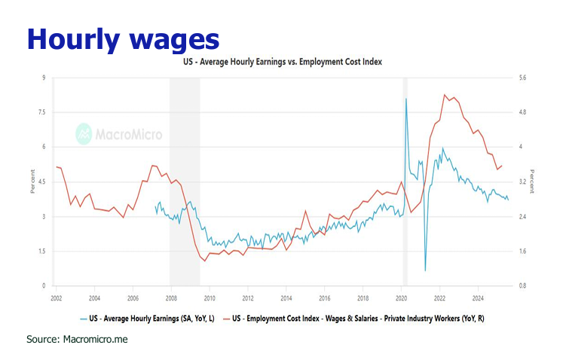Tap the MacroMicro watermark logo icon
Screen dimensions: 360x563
[84, 135]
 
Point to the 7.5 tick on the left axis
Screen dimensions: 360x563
[42, 112]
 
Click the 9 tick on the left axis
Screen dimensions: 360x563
[44, 78]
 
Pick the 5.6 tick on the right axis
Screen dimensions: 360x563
[523, 78]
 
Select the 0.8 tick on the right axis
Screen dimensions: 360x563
[523, 286]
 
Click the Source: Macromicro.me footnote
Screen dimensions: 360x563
[78, 340]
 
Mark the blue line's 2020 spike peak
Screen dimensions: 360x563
[406, 99]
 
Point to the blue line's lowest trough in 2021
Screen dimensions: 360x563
[425, 270]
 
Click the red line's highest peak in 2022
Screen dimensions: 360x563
[445, 95]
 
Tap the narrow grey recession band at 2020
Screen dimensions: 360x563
[405, 181]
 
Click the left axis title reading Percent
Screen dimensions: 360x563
[32, 182]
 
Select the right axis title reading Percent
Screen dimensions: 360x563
[532, 182]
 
